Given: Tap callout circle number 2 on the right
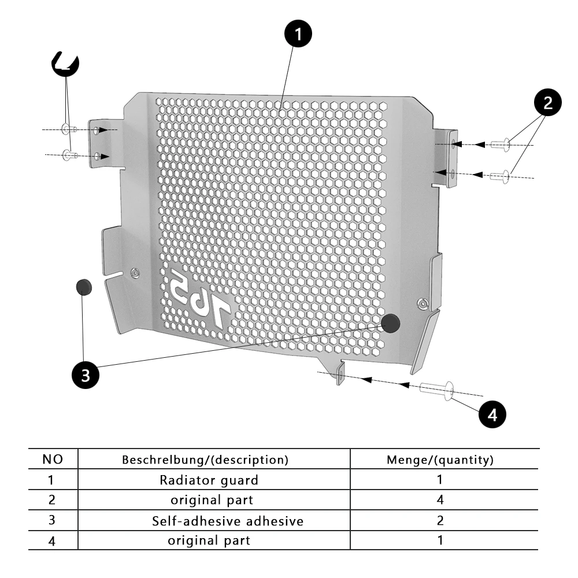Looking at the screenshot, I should click(547, 103).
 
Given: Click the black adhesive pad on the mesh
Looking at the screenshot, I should click(391, 323).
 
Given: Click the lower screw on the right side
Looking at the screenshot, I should click(499, 175).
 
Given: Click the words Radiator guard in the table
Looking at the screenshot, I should click(209, 480).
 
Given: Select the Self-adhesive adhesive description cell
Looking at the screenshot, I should click(227, 521).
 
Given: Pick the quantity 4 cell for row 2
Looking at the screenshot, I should click(440, 499).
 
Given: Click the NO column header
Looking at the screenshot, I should click(53, 460).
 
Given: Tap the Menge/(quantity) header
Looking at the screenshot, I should click(440, 460).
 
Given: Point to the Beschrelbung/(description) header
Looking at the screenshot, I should click(205, 460).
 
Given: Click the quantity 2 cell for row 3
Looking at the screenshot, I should click(440, 521).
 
